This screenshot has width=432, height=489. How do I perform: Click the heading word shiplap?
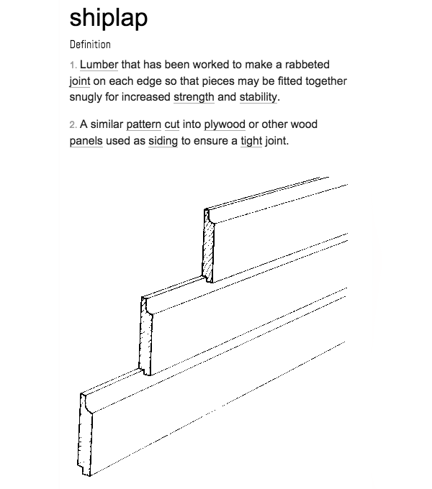click(108, 19)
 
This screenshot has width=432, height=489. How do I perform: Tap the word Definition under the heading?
click(90, 45)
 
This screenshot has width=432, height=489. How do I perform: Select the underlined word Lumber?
click(99, 65)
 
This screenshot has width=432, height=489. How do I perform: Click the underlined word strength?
click(194, 97)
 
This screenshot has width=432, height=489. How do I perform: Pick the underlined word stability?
click(258, 97)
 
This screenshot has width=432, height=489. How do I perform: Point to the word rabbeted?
click(307, 65)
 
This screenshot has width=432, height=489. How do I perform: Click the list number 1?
click(73, 65)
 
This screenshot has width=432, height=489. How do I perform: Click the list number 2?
click(73, 125)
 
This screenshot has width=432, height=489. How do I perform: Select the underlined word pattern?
click(143, 124)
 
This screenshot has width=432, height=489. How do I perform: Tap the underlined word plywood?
click(225, 124)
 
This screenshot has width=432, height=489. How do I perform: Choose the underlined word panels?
click(86, 141)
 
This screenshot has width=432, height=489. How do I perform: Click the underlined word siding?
click(163, 141)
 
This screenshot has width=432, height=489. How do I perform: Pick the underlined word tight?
click(251, 141)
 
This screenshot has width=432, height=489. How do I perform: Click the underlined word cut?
click(171, 124)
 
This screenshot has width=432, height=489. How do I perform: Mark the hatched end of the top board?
click(209, 247)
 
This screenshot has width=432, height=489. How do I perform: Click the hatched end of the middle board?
click(145, 337)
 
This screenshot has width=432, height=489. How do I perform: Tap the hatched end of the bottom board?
click(85, 435)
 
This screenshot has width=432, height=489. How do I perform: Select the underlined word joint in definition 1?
click(80, 81)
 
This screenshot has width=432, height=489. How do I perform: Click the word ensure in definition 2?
click(211, 141)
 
